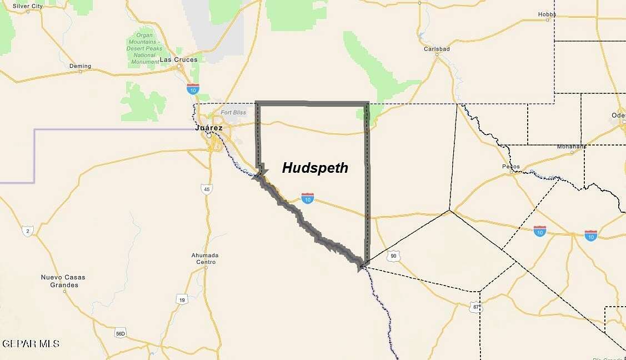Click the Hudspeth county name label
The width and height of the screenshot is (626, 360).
[x=315, y=168]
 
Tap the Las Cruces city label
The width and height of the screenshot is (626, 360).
[x=178, y=59]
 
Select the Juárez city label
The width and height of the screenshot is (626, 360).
[x=209, y=128]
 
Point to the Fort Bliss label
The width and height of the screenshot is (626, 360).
[x=233, y=113]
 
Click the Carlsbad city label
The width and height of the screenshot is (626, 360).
[x=437, y=49]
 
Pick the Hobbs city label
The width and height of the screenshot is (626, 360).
[x=547, y=14]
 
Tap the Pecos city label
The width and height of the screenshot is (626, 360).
[x=510, y=166]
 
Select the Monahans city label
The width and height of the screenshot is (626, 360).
[x=572, y=147]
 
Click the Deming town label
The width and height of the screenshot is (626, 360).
[x=80, y=66]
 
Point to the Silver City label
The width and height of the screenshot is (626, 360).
[x=28, y=6]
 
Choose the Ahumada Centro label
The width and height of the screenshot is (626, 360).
[x=205, y=258]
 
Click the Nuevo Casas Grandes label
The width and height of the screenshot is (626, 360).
[x=63, y=281]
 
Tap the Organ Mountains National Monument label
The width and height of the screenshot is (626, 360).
[x=144, y=49]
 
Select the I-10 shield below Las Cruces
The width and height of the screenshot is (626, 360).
[x=193, y=88]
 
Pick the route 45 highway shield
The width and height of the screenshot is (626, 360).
[x=207, y=189]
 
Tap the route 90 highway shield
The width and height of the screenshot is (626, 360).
[x=393, y=256]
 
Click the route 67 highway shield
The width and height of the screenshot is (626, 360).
[x=475, y=307]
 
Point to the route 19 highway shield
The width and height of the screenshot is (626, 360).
[x=182, y=300]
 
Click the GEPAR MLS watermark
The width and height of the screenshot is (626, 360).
[x=31, y=344]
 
